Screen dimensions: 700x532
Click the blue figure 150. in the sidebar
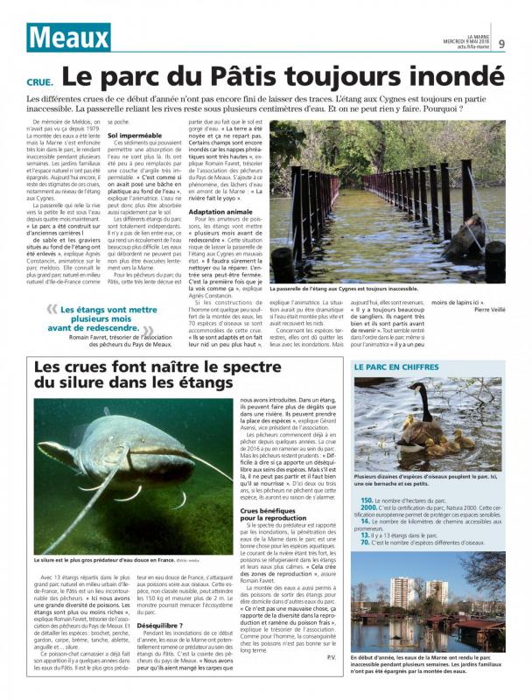(x=367, y=500)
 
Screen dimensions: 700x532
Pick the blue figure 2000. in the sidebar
(x=368, y=507)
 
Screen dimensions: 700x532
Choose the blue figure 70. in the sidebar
(x=365, y=542)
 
